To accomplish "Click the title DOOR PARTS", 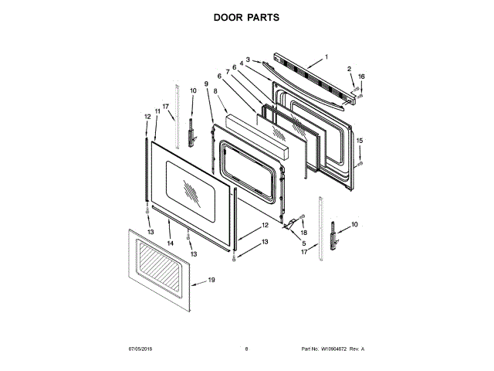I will [247, 17].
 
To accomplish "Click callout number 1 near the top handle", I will [326, 56].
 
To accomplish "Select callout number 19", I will [211, 282].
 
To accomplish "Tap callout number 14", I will [170, 243].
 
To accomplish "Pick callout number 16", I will [360, 77].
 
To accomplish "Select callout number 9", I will [207, 83].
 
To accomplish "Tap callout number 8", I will [215, 90].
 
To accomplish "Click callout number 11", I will [157, 111].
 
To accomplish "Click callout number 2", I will [349, 70].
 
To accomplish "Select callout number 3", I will [249, 59].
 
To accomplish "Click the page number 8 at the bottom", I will [246, 349].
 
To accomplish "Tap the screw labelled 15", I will [360, 163].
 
